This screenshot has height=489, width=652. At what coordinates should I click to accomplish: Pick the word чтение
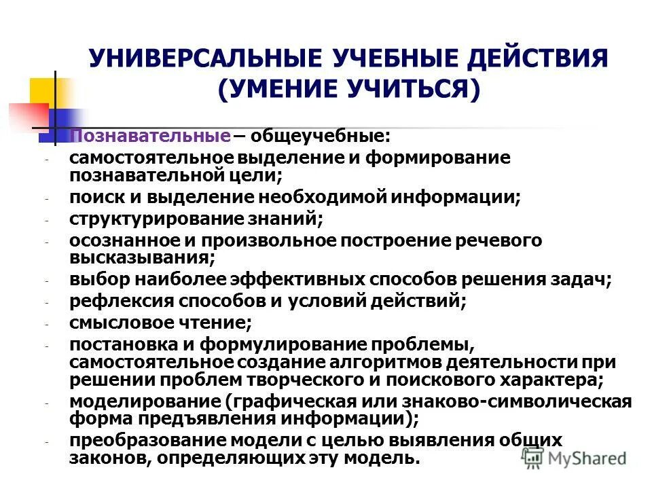[217, 323]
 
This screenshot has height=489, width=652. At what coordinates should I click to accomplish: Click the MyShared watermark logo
[575, 458]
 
